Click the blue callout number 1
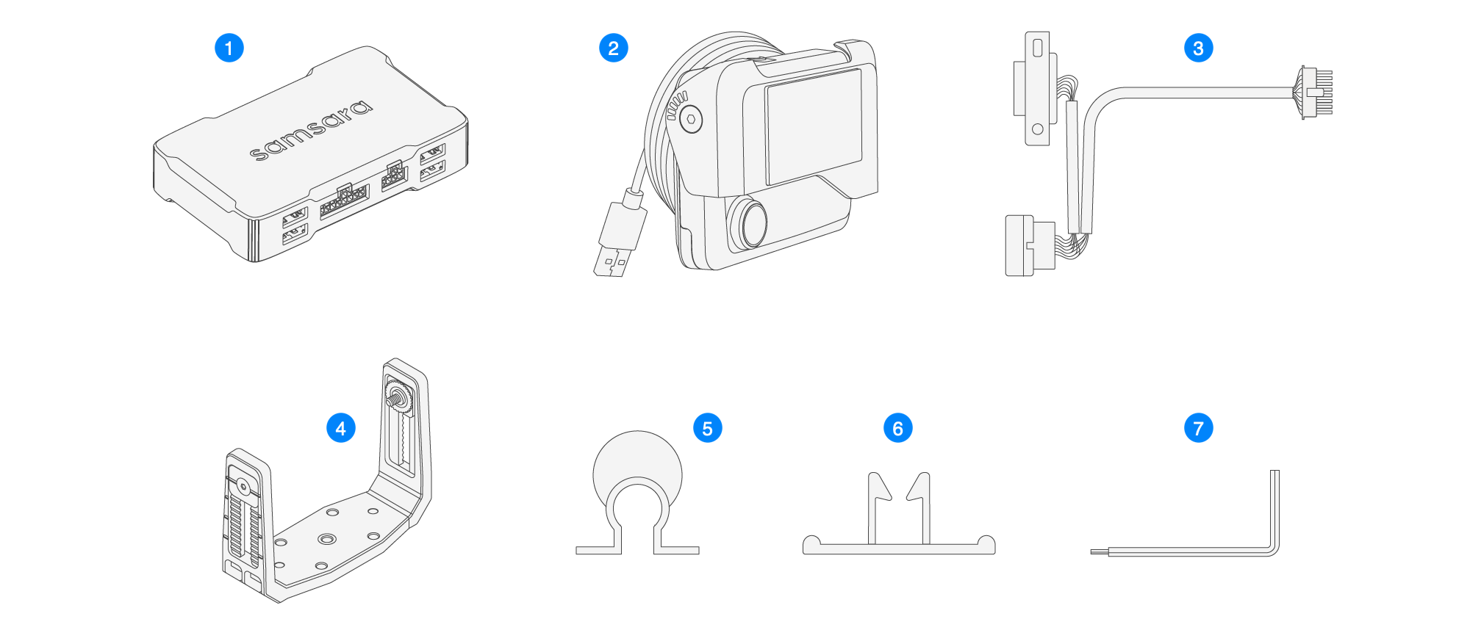tap(229, 48)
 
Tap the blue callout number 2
tap(613, 48)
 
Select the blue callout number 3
tap(1198, 48)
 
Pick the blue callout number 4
tap(340, 428)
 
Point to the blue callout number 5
tap(707, 428)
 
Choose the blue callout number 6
tap(897, 428)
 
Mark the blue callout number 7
tap(1198, 428)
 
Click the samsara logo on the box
tap(312, 130)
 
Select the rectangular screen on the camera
tap(813, 126)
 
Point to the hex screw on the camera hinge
tap(691, 119)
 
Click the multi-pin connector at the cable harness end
tap(1316, 93)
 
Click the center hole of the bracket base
tap(326, 539)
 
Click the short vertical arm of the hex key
tap(1274, 507)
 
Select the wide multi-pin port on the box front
tap(344, 200)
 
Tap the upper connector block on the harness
tap(1036, 88)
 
